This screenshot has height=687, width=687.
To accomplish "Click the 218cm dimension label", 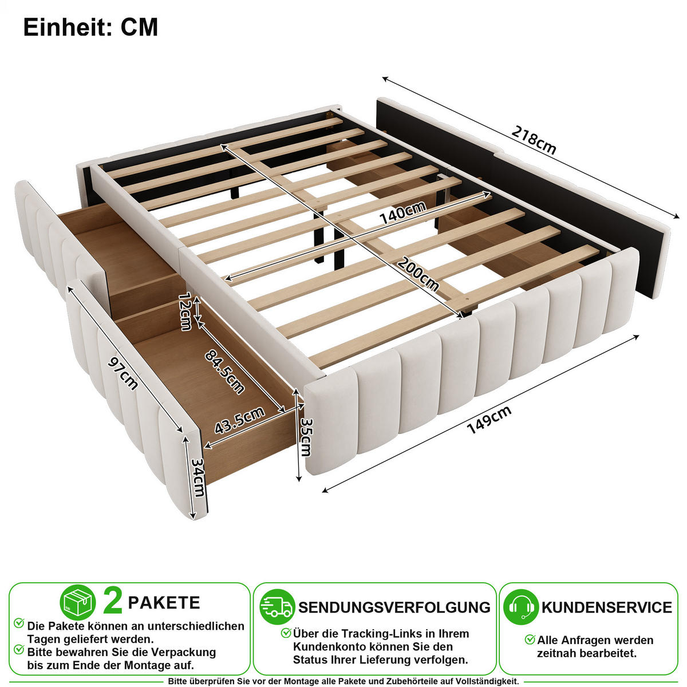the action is coord(534,140).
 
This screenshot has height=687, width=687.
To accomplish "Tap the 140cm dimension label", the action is coord(402,212).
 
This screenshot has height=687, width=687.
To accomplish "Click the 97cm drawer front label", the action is coord(123,373).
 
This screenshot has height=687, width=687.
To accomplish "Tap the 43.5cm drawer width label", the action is coord(239,420).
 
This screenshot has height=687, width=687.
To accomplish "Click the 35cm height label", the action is coord(306,437).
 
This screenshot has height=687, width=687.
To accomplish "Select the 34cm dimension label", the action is coord(198,477).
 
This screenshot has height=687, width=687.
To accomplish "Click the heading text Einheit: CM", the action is coord(90,27).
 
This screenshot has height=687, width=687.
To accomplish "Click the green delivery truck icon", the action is coord(277,606).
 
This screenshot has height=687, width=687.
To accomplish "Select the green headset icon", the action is coord(521,607).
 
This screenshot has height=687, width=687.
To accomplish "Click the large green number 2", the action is coord(113,602).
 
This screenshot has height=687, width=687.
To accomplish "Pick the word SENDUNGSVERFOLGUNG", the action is coord(394,607).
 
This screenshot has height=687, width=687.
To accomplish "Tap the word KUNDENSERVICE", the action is coord(607,607).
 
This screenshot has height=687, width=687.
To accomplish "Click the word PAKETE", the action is coord(164,602).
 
